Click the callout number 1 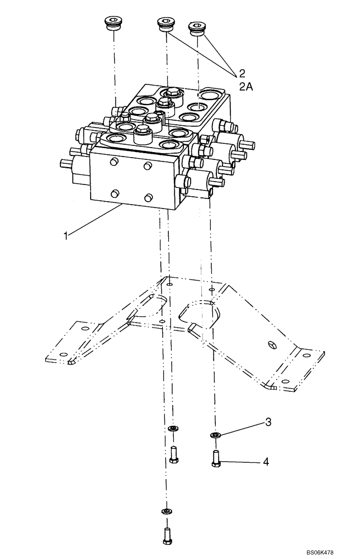[x=67, y=236]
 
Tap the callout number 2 [x=242, y=73]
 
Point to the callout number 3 [x=268, y=423]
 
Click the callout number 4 [x=266, y=462]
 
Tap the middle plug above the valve [x=165, y=25]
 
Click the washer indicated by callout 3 [x=215, y=435]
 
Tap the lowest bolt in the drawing [x=165, y=536]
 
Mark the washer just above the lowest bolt [x=165, y=510]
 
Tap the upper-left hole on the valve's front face [x=114, y=163]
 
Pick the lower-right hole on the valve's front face [x=149, y=197]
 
